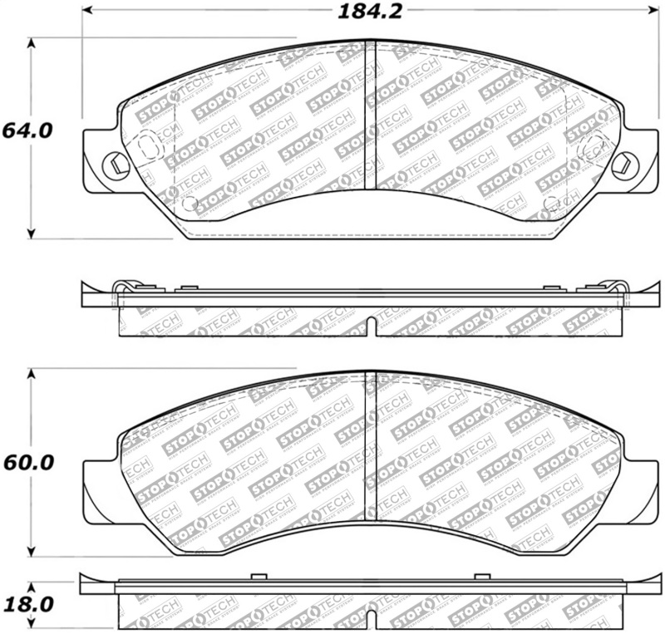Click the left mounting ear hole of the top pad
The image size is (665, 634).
pos(113,163)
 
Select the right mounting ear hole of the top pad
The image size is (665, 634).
pos(619,163)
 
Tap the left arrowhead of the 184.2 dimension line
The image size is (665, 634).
pos(87,12)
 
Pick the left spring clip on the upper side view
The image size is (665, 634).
pos(122,288)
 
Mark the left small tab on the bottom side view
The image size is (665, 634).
pos(258,576)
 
